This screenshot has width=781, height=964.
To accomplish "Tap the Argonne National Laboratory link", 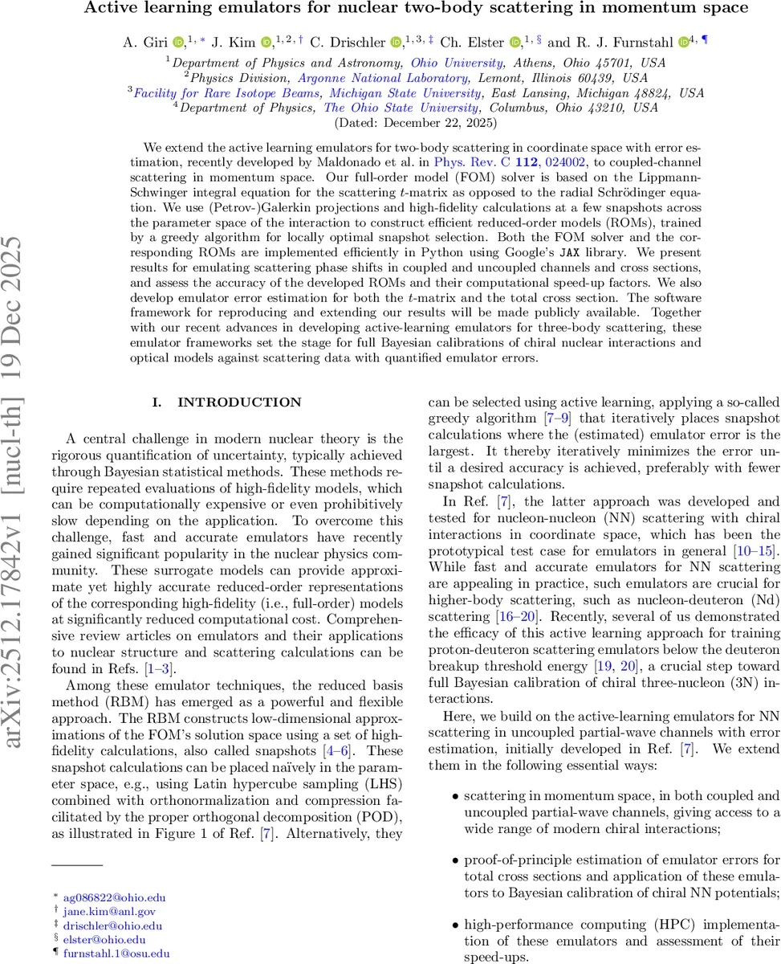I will [384, 78].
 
